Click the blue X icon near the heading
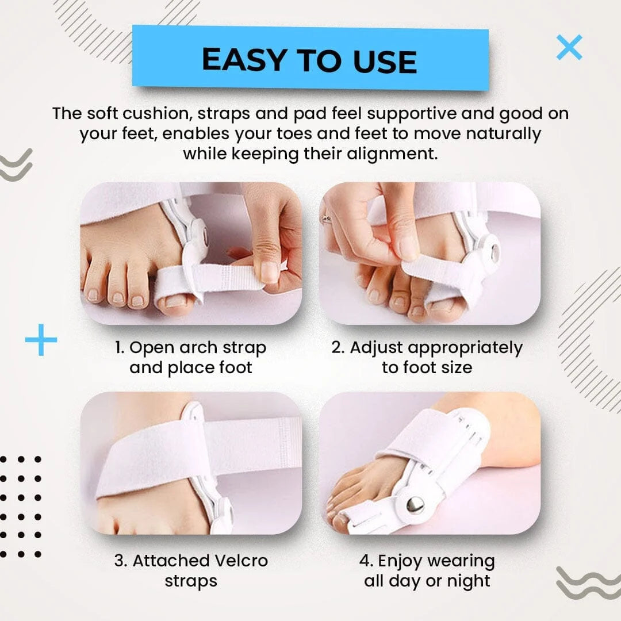569,47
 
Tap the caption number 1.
119,348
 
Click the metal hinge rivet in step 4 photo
415,504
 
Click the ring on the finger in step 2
327,218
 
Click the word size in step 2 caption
454,367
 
